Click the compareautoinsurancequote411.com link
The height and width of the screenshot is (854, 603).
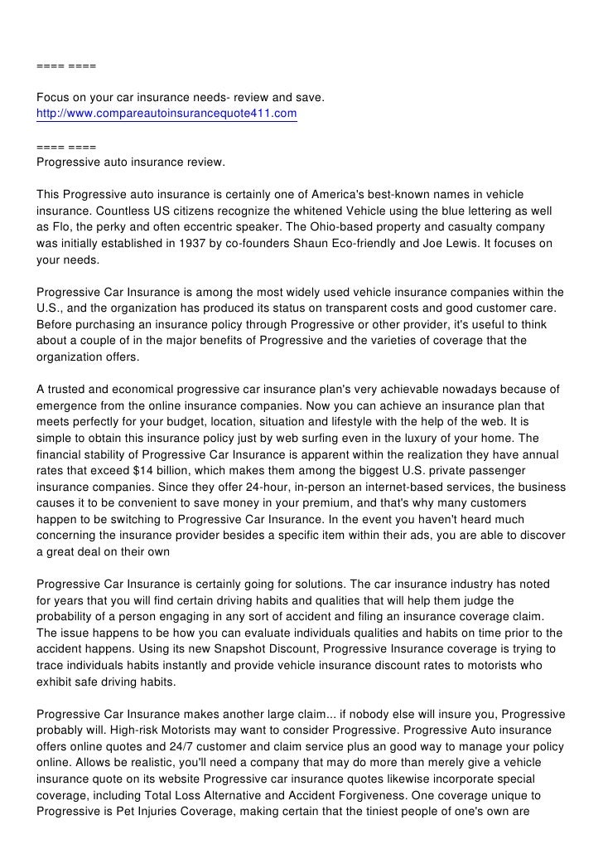point(166,113)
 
